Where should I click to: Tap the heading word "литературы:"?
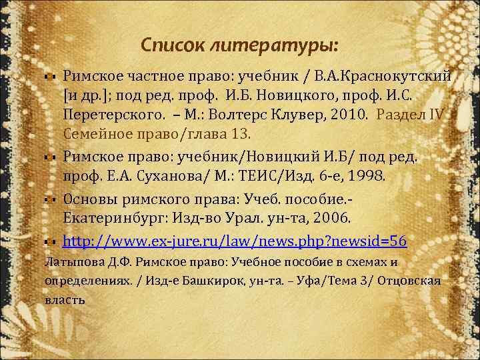click(x=274, y=45)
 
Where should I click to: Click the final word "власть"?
click(x=65, y=299)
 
